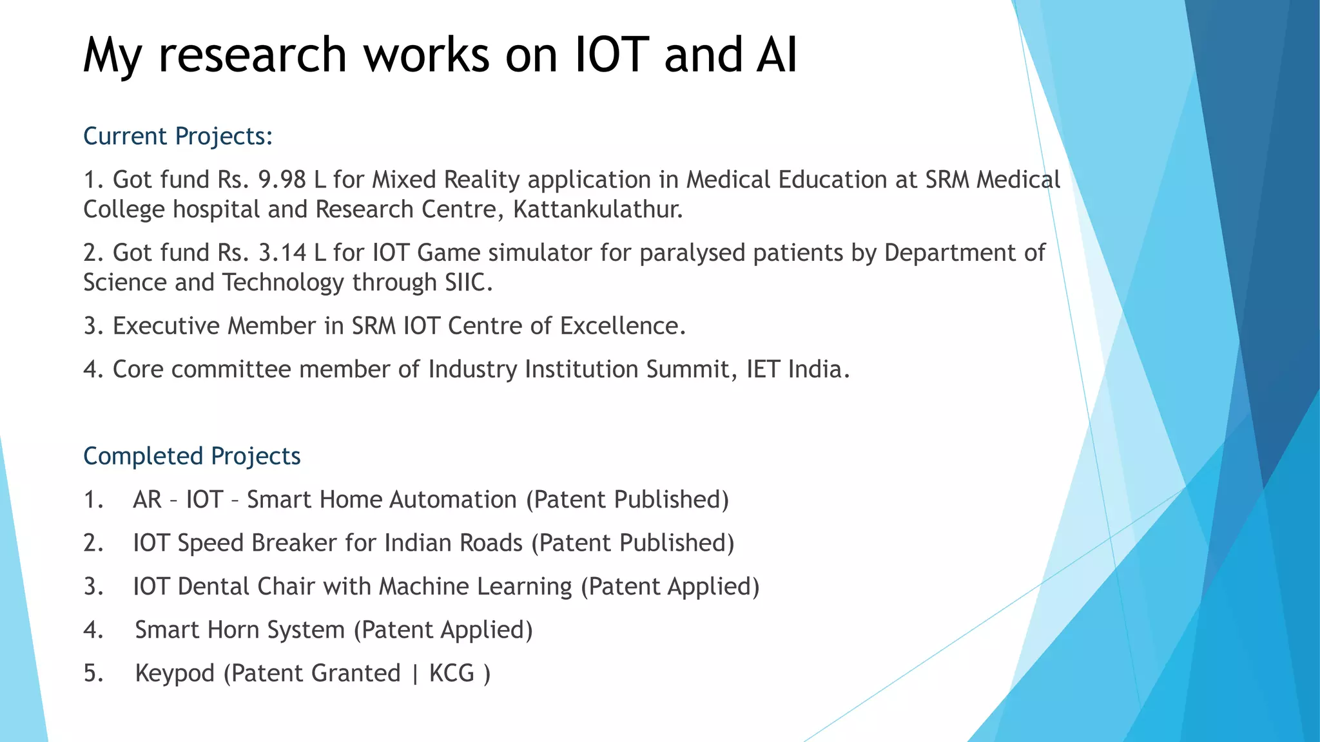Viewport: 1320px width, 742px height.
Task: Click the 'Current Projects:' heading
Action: [178, 137]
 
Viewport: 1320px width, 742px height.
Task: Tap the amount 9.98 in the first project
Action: [282, 180]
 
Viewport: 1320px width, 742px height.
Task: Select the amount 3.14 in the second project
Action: [282, 253]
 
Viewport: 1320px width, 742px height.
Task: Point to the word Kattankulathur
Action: [597, 210]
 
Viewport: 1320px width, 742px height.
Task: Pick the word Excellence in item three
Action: [622, 326]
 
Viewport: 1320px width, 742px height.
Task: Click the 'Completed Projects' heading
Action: [192, 457]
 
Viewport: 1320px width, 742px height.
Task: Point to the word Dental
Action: [213, 587]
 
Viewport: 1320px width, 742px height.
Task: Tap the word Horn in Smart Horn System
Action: [242, 630]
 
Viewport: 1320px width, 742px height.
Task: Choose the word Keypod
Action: [175, 674]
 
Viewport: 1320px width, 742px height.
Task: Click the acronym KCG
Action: [451, 674]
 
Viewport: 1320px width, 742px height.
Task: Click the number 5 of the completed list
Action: [92, 674]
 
